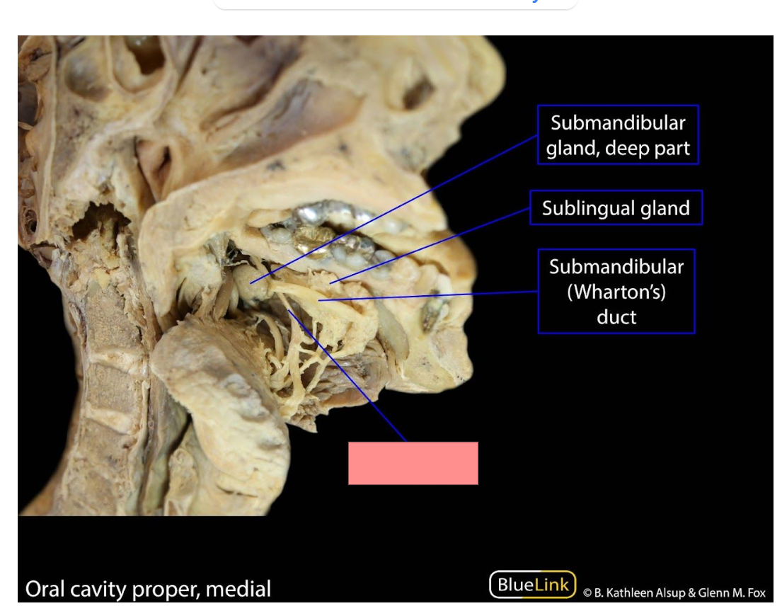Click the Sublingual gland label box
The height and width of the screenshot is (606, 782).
coord(616,207)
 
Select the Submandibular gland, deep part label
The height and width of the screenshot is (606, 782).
coord(618,135)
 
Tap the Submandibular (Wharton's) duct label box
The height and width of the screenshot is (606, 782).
coord(616,291)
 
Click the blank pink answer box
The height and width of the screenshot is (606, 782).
coord(413,463)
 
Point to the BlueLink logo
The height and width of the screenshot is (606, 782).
coord(533,584)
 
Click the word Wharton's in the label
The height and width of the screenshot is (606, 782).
coord(616,292)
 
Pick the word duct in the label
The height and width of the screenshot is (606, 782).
coord(616,316)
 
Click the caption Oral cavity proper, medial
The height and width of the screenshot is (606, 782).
coord(148,589)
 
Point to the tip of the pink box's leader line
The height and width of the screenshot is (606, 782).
coord(288,310)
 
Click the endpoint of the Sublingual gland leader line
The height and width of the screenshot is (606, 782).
coord(330,283)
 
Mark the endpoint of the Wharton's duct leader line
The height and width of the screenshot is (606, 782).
coord(318,300)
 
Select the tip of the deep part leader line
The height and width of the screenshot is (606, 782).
coord(251,283)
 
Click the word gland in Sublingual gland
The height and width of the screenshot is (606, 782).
coord(665,208)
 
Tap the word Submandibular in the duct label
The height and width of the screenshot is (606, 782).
coord(616,267)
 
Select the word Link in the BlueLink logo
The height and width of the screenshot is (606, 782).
coord(551,584)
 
